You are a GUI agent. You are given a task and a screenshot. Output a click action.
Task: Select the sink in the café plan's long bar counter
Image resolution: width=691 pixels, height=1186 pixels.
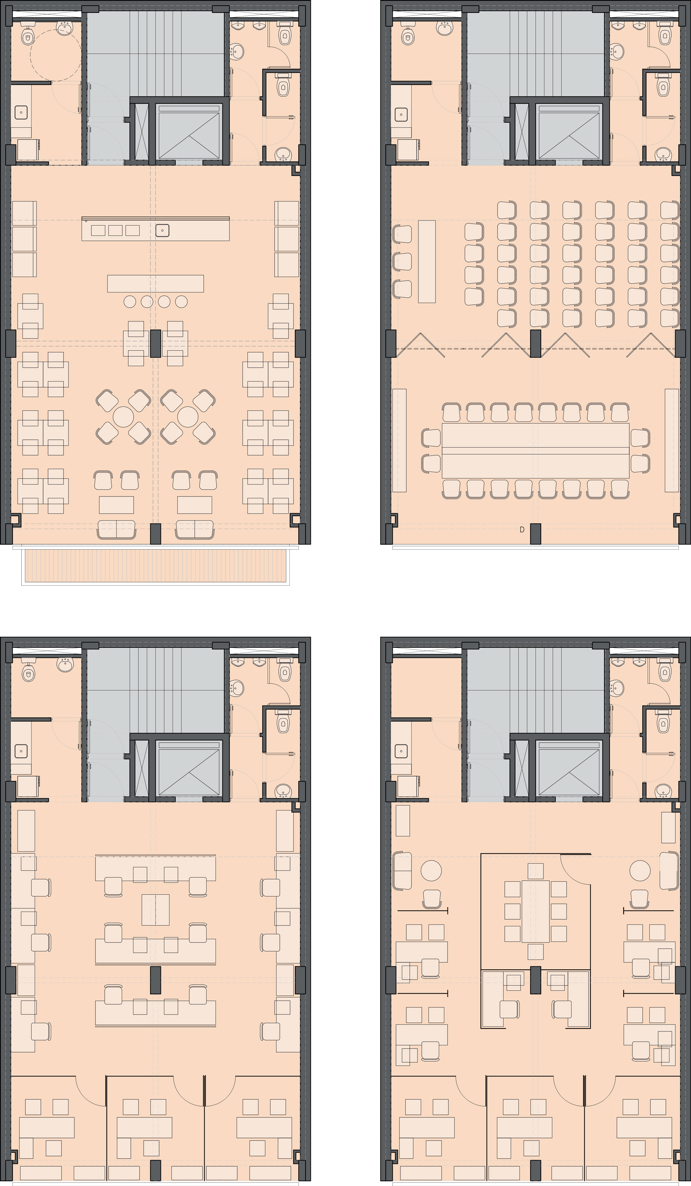(162, 231)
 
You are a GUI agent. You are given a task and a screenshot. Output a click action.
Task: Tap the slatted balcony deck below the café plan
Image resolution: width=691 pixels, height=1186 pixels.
(155, 565)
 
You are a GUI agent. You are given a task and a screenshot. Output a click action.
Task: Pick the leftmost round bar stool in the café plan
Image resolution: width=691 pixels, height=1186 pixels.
(130, 302)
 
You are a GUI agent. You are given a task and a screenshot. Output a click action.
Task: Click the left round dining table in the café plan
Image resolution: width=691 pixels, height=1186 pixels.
(123, 417)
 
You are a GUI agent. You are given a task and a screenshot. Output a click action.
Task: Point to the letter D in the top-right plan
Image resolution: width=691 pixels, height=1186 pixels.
(522, 529)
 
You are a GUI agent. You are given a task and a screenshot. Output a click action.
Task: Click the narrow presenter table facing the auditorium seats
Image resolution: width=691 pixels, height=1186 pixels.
(427, 261)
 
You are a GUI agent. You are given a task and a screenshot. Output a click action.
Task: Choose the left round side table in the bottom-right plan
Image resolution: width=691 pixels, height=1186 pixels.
(431, 870)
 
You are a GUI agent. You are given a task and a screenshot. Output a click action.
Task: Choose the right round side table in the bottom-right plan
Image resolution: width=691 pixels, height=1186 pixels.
(641, 870)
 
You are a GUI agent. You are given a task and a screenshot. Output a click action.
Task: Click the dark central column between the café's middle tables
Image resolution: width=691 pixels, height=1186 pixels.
(155, 344)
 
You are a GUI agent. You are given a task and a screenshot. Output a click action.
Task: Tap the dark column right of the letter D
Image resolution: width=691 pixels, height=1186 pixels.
(536, 534)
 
